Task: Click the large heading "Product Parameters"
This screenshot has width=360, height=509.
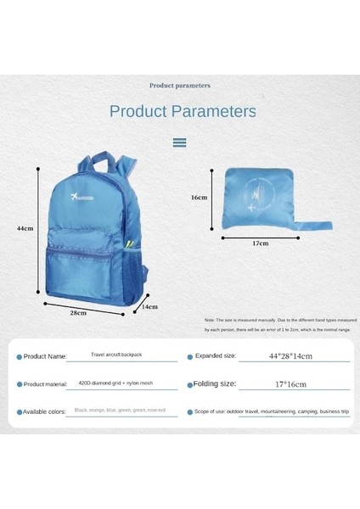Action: click(183, 111)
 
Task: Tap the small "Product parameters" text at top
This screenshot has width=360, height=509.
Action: click(180, 85)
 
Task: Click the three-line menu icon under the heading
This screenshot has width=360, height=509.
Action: click(179, 143)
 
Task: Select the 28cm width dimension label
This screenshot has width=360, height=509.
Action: click(77, 313)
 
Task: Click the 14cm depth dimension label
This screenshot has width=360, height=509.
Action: click(149, 306)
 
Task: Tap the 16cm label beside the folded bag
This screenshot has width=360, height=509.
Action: click(199, 197)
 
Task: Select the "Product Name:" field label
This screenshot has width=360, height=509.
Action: click(44, 357)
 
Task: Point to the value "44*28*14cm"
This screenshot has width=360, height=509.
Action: click(290, 357)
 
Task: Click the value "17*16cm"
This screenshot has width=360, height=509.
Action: click(290, 384)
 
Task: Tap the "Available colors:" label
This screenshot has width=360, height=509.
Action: click(44, 411)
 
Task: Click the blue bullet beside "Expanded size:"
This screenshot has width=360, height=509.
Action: click(188, 357)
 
